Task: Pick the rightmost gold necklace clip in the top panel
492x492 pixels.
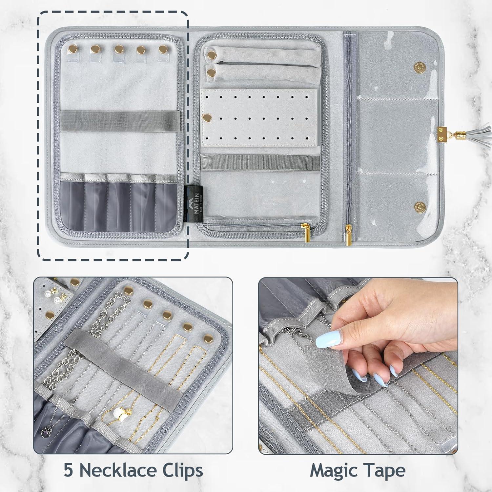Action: (163, 50)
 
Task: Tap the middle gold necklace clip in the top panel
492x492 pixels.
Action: (118, 50)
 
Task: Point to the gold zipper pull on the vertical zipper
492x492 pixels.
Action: (347, 236)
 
